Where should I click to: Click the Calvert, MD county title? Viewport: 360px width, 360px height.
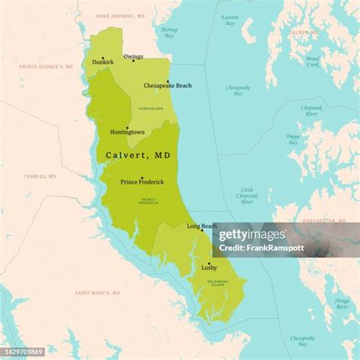point(137,155)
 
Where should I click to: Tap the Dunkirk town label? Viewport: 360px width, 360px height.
point(103,62)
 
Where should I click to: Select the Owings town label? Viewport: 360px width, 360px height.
point(134,55)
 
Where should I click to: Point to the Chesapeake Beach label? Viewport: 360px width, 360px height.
point(168,86)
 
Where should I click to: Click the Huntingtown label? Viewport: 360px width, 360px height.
point(127,132)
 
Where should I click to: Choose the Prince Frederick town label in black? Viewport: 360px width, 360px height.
point(142,182)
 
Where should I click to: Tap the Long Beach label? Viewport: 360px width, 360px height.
point(202,226)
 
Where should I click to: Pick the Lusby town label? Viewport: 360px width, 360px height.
point(209,268)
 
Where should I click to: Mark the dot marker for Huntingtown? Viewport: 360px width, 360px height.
point(127,128)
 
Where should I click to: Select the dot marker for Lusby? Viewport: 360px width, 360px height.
point(209,264)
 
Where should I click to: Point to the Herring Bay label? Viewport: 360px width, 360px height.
point(169,32)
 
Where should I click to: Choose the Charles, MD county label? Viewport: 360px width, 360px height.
point(40,176)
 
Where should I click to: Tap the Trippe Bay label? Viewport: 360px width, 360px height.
point(292,139)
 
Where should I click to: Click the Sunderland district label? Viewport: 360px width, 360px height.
point(151,109)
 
